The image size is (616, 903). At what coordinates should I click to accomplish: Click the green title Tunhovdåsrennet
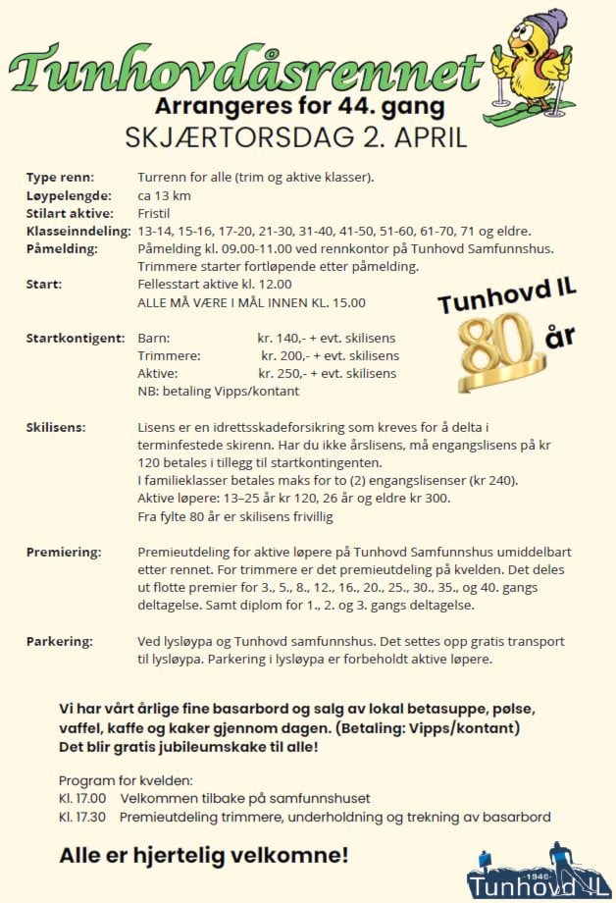[245, 71]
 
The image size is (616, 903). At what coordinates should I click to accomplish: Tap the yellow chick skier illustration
[535, 64]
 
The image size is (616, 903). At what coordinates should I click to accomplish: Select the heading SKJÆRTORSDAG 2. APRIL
[296, 137]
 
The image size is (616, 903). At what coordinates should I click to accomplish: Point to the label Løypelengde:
[69, 195]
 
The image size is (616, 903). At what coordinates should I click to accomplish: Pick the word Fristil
[156, 213]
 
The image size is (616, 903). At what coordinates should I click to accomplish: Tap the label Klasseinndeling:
[78, 231]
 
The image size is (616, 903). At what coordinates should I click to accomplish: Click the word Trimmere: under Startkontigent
[170, 355]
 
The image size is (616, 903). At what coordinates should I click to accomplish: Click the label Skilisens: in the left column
[56, 427]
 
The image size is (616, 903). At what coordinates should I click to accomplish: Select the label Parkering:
[60, 641]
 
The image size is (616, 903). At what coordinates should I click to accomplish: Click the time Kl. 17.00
[82, 798]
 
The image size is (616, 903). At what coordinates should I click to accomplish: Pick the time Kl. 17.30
[82, 817]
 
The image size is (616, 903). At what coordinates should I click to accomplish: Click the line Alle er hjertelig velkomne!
[204, 855]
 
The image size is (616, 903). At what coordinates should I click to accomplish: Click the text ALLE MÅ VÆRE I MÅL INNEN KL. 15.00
[251, 302]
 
